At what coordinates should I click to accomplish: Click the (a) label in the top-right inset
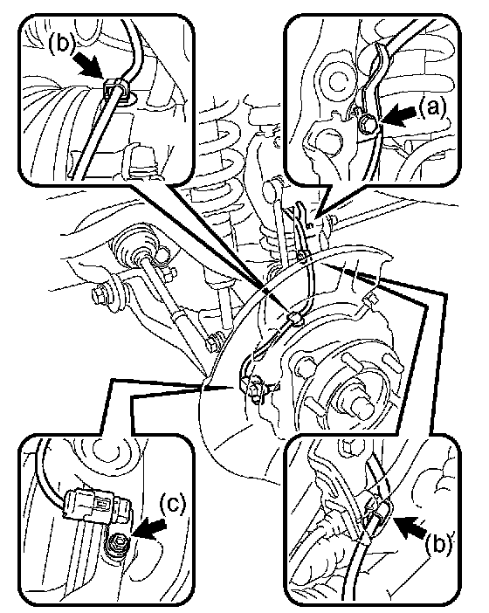tap(432, 107)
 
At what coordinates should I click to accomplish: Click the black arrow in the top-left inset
tap(89, 65)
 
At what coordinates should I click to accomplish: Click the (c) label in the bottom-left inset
tap(172, 504)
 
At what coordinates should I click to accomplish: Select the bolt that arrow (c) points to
tap(118, 542)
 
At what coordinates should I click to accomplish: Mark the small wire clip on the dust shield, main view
tap(296, 319)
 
